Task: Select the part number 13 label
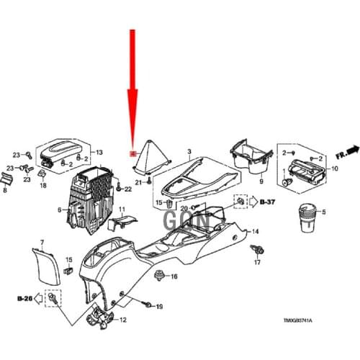(x=99, y=152)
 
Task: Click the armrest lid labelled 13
(x=60, y=152)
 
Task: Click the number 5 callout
(x=323, y=212)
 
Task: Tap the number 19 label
(x=159, y=307)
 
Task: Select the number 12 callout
(x=122, y=319)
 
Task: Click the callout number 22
(x=127, y=189)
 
